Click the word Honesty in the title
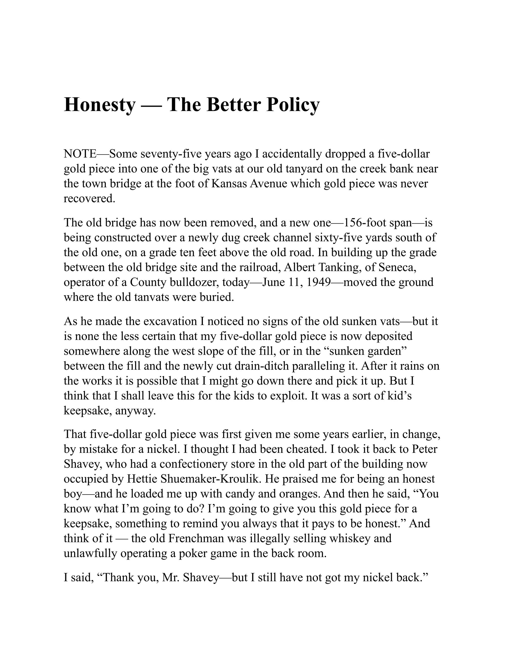(100, 105)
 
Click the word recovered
(89, 198)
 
